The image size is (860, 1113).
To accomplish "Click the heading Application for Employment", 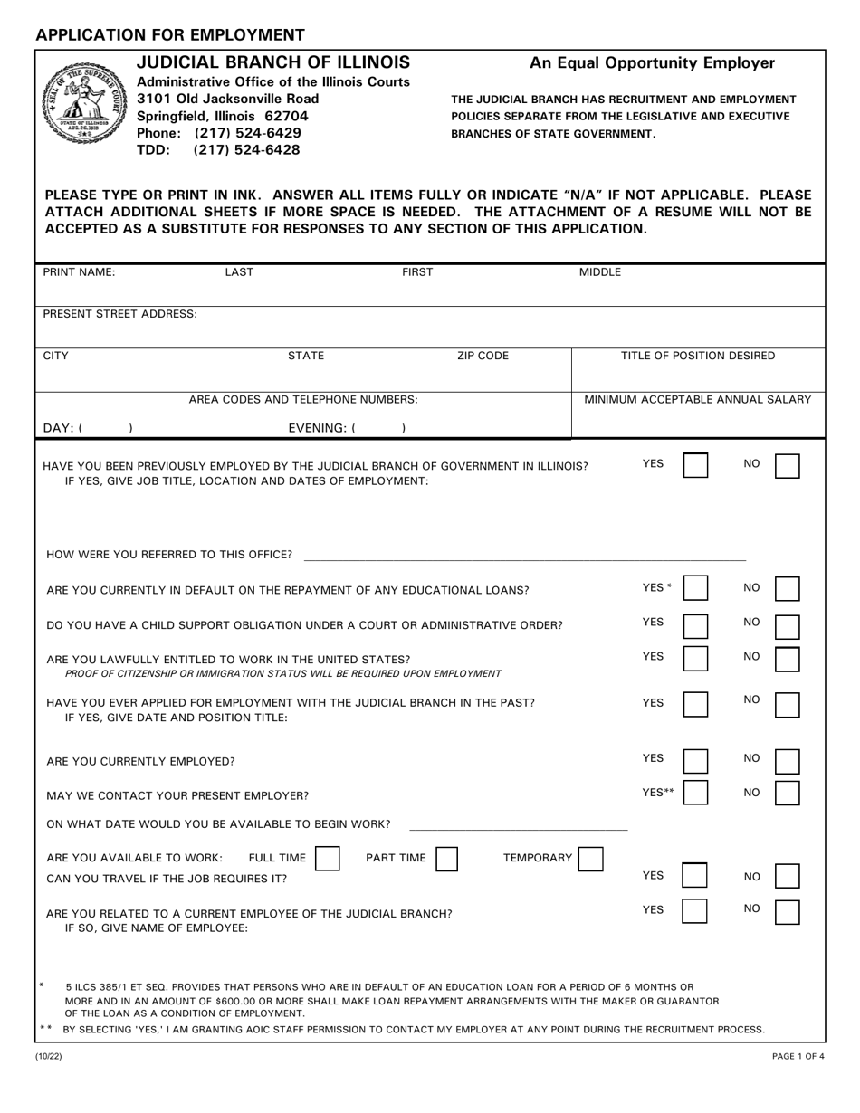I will pyautogui.click(x=170, y=35).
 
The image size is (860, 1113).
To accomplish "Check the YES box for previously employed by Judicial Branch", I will pyautogui.click(x=695, y=466).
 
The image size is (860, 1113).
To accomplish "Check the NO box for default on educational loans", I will pyautogui.click(x=788, y=589).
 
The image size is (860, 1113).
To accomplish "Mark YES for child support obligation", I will pyautogui.click(x=695, y=626).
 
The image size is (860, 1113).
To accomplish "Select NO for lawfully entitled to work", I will pyautogui.click(x=788, y=659).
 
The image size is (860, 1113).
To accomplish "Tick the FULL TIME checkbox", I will pyautogui.click(x=327, y=858).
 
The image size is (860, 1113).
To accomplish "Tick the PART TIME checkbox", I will pyautogui.click(x=446, y=858).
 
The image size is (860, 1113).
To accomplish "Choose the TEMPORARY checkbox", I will pyautogui.click(x=590, y=858).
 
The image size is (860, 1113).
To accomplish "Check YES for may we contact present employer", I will pyautogui.click(x=695, y=794).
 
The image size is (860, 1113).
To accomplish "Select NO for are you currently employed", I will pyautogui.click(x=788, y=760).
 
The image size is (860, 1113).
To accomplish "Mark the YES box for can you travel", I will pyautogui.click(x=695, y=876).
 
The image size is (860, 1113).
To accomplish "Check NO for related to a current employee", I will pyautogui.click(x=788, y=910).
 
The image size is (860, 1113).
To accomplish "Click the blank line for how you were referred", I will pyautogui.click(x=525, y=554).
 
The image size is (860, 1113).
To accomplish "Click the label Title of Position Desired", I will pyautogui.click(x=697, y=356).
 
